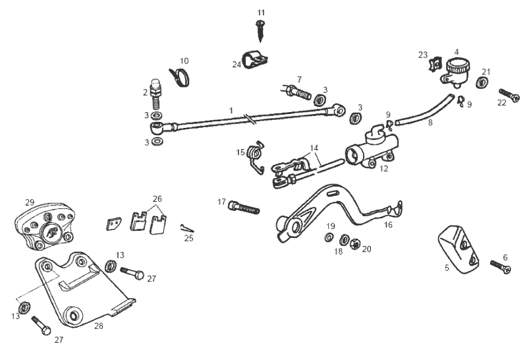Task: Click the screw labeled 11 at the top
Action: click(261, 28)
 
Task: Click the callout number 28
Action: click(99, 326)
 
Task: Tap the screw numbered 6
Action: click(500, 266)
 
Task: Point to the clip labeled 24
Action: click(253, 60)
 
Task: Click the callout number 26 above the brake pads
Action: click(156, 198)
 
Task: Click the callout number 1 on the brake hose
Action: click(231, 109)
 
